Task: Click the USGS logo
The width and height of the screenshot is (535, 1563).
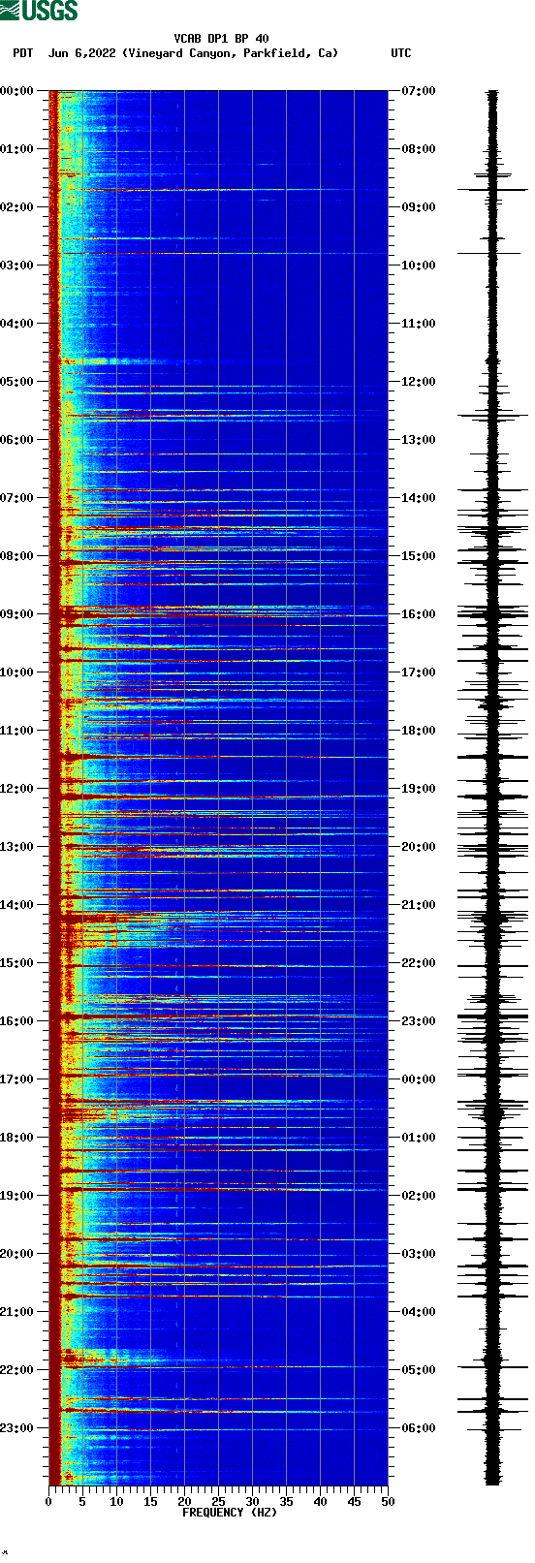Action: point(39,11)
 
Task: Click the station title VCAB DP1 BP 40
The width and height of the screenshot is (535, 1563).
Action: point(221,39)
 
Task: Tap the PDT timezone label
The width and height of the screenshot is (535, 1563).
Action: point(22,53)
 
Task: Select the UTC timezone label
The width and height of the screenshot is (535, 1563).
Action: point(400,53)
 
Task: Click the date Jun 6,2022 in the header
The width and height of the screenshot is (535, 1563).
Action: point(82,53)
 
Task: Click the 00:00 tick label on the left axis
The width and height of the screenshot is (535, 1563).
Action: point(16,91)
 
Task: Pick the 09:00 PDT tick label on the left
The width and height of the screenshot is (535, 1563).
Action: point(16,614)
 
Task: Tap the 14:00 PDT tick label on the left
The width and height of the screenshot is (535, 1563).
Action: point(16,905)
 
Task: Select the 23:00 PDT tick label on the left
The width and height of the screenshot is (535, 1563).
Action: point(16,1428)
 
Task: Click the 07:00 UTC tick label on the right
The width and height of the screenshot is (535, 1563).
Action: point(418,91)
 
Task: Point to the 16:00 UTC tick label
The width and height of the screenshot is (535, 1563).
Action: point(418,614)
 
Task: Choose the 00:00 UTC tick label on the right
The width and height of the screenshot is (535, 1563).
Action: point(418,1079)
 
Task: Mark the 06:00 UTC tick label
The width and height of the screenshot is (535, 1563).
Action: point(418,1428)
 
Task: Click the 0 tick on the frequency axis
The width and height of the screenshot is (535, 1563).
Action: point(48,1502)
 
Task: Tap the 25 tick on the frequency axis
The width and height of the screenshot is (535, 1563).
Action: point(218,1502)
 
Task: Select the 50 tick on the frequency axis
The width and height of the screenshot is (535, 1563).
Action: point(388,1502)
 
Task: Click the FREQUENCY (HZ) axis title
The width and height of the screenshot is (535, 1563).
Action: point(230,1513)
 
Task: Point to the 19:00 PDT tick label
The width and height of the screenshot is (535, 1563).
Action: point(16,1196)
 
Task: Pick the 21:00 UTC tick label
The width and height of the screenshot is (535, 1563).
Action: point(418,905)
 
